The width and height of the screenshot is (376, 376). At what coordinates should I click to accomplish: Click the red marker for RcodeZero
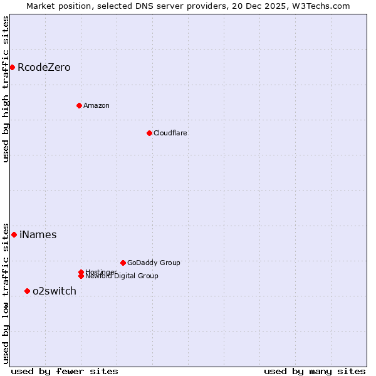(x=12, y=67)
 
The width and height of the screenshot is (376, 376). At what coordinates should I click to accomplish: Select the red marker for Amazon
(x=79, y=105)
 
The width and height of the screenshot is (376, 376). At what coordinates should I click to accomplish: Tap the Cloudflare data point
(x=149, y=133)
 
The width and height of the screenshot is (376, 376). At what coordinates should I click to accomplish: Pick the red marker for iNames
(x=14, y=234)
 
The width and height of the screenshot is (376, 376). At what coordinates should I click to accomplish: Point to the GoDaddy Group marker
(x=123, y=263)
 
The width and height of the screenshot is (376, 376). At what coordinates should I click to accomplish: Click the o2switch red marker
(x=27, y=291)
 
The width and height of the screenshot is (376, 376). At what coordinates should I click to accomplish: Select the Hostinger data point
(x=81, y=272)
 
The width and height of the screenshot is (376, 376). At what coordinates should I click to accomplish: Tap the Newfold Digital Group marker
(x=81, y=276)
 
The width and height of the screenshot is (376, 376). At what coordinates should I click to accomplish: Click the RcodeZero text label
(x=44, y=67)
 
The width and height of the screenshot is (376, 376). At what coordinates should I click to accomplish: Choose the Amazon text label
(x=97, y=105)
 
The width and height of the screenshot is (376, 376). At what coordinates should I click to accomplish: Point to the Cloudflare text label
(x=170, y=133)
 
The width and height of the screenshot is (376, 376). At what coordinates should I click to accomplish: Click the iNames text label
(x=38, y=234)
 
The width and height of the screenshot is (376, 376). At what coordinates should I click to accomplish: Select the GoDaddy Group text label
(x=154, y=263)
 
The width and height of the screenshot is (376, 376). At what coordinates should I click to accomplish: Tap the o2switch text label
(x=55, y=291)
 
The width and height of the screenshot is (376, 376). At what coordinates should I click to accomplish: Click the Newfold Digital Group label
(x=122, y=276)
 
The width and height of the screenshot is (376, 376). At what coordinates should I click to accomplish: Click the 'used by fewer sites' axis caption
(x=65, y=371)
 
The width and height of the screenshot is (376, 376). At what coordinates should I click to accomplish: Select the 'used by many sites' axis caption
(x=315, y=371)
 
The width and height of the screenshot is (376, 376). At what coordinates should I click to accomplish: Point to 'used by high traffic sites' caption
(x=6, y=89)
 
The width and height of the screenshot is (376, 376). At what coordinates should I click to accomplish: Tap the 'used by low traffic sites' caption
(x=6, y=293)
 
